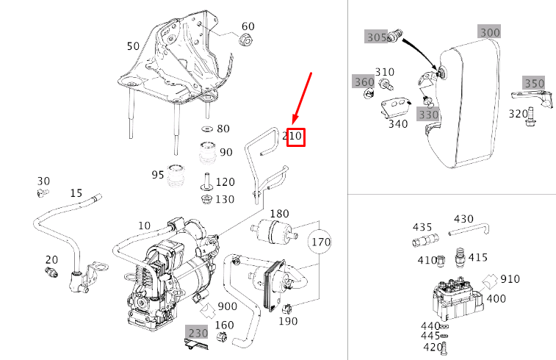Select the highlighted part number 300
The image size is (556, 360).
489,32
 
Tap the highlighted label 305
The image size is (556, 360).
377,36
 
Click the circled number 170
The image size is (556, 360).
320,241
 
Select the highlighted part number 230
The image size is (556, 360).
197,333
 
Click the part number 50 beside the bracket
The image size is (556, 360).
133,46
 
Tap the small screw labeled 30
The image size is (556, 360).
42,192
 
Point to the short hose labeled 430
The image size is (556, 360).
468,231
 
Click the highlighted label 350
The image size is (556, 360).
533,82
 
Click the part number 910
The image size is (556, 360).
510,279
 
